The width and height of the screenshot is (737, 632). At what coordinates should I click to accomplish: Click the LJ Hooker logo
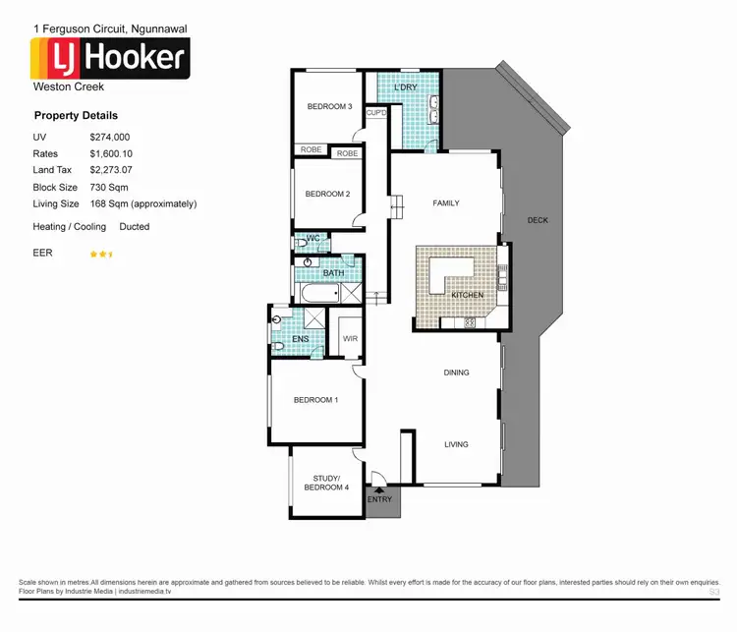pyautogui.click(x=111, y=58)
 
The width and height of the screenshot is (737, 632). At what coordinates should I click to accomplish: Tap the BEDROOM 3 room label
pyautogui.click(x=329, y=106)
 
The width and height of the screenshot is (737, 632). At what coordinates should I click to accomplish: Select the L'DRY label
pyautogui.click(x=405, y=88)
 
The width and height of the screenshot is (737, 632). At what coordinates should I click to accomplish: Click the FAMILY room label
pyautogui.click(x=446, y=203)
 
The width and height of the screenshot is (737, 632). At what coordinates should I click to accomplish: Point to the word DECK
pyautogui.click(x=538, y=220)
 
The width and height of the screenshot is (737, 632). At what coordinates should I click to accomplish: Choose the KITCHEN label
pyautogui.click(x=467, y=295)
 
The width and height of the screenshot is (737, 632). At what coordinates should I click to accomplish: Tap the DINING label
pyautogui.click(x=456, y=373)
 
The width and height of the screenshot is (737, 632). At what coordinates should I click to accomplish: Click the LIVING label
pyautogui.click(x=456, y=444)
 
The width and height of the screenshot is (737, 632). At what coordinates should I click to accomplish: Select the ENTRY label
pyautogui.click(x=379, y=499)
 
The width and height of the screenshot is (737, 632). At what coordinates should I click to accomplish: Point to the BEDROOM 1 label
pyautogui.click(x=316, y=400)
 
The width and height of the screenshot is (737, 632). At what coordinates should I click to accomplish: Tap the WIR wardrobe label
pyautogui.click(x=350, y=339)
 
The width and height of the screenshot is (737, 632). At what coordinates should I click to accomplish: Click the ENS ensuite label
pyautogui.click(x=301, y=339)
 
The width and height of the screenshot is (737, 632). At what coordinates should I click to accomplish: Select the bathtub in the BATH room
pyautogui.click(x=317, y=293)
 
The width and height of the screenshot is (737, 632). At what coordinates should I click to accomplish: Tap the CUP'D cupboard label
pyautogui.click(x=376, y=113)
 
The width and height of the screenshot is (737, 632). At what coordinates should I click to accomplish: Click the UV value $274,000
pyautogui.click(x=110, y=138)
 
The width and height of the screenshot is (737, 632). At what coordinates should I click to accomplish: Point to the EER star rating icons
pyautogui.click(x=101, y=254)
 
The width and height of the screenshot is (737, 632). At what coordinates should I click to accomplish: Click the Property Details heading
pyautogui.click(x=76, y=116)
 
